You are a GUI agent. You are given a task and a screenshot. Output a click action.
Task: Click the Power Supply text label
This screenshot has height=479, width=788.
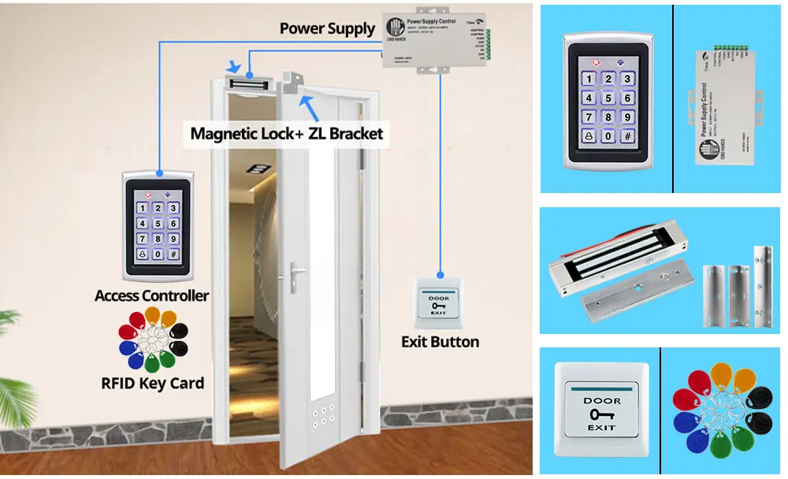(327, 29)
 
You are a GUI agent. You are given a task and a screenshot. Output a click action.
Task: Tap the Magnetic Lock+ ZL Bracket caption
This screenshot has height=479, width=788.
(287, 133)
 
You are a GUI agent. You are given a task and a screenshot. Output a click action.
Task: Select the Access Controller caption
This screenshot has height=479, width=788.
(151, 296)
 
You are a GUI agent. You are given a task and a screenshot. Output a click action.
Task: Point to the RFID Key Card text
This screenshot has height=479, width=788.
(152, 384)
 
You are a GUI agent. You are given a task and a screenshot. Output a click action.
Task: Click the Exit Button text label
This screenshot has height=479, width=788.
(440, 342)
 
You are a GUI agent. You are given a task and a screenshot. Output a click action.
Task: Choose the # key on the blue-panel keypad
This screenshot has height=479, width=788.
(627, 136)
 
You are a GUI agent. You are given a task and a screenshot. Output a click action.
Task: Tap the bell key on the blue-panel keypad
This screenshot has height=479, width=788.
(586, 136)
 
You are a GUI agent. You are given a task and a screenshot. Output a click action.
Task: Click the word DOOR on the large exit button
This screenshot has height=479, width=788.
(601, 401)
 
